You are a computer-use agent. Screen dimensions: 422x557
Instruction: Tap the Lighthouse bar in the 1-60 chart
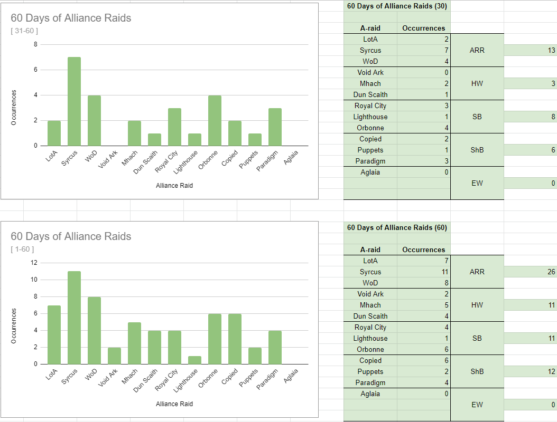point(194,360)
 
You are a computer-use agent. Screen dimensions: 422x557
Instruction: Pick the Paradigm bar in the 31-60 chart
point(275,127)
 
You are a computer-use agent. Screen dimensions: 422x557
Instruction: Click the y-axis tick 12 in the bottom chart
point(34,263)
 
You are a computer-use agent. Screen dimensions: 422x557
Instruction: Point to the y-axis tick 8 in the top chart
point(35,44)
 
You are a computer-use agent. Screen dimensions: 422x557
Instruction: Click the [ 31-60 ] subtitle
point(24,31)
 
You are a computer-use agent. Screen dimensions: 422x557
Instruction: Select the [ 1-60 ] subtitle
point(22,250)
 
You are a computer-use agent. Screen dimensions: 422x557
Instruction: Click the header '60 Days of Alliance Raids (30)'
point(397,6)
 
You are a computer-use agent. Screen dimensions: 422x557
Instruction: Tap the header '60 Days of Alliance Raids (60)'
point(397,228)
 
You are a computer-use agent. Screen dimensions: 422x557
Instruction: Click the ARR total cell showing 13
point(530,51)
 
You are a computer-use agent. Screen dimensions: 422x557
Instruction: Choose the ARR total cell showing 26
point(530,272)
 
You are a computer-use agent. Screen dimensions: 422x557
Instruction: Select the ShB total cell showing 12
point(530,372)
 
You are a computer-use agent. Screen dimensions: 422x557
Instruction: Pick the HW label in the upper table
point(477,84)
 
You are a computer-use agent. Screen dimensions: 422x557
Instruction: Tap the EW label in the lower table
point(477,405)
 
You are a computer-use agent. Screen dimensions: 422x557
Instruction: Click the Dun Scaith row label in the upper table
point(370,95)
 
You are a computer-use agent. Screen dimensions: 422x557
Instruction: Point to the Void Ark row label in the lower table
point(370,294)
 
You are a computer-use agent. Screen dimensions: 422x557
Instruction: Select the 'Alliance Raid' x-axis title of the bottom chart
point(174,404)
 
